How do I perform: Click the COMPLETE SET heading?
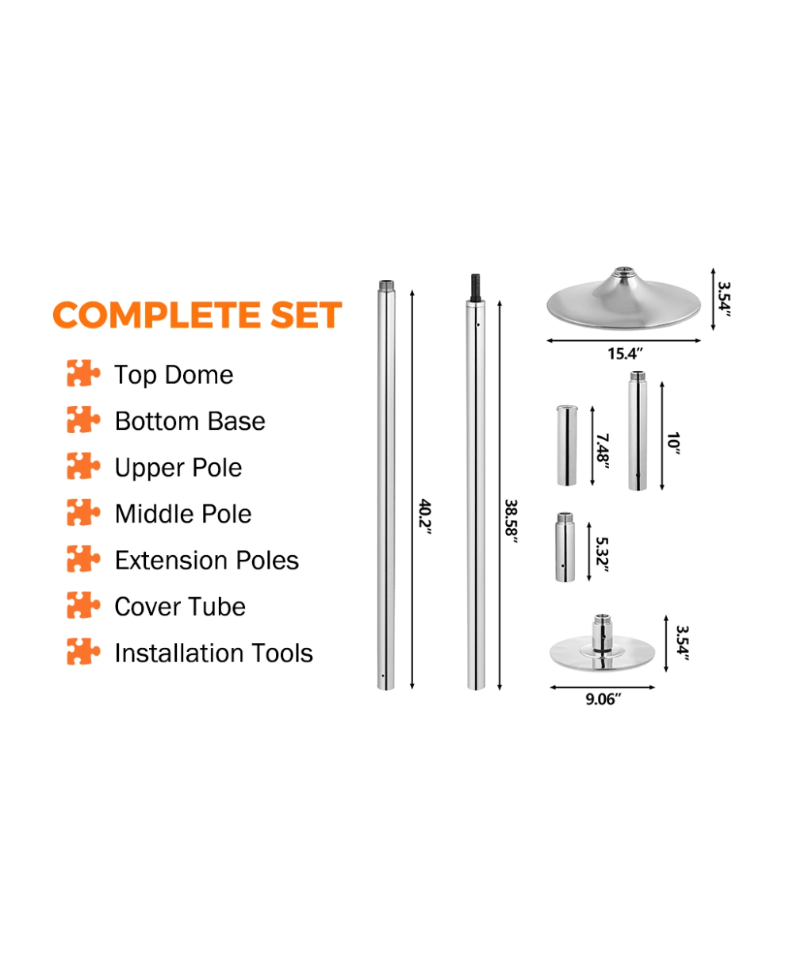pos(197,315)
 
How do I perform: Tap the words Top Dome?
pos(174,375)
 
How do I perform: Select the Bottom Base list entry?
pos(190,421)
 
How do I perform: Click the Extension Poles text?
pos(207,560)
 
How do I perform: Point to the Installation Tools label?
pos(214,653)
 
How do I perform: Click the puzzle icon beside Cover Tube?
pos(83,605)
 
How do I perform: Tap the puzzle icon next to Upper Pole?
pos(83,466)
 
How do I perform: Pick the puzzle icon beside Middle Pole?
pos(83,512)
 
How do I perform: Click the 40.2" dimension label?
pos(425,517)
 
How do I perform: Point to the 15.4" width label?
pos(625,354)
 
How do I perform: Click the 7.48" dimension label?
pos(603,451)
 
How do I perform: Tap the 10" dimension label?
pos(673,443)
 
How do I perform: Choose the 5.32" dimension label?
pos(602,554)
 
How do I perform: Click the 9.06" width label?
pos(603,699)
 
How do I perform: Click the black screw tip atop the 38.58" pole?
pos(476,288)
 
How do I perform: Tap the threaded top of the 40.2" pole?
pos(386,285)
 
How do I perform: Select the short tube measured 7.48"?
pos(567,445)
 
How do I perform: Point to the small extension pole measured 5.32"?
pos(565,547)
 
